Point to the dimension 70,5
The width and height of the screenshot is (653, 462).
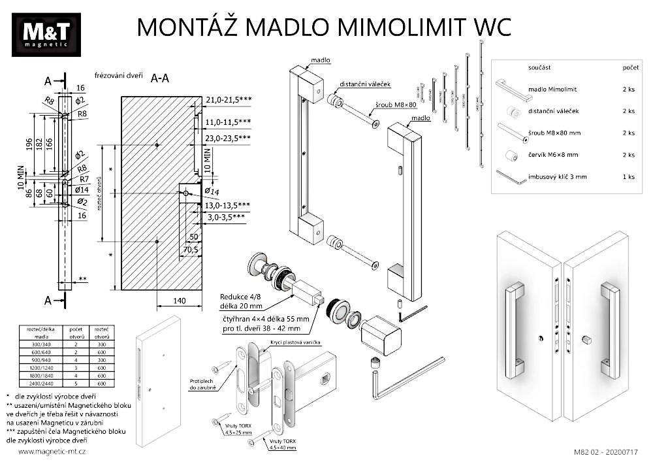tap(191, 249)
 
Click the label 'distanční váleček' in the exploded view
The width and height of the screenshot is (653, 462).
tap(364, 84)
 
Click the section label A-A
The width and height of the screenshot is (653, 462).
tap(160, 78)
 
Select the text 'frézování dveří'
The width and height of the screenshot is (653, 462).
tap(119, 75)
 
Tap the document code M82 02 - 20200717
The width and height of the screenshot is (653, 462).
tap(605, 452)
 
